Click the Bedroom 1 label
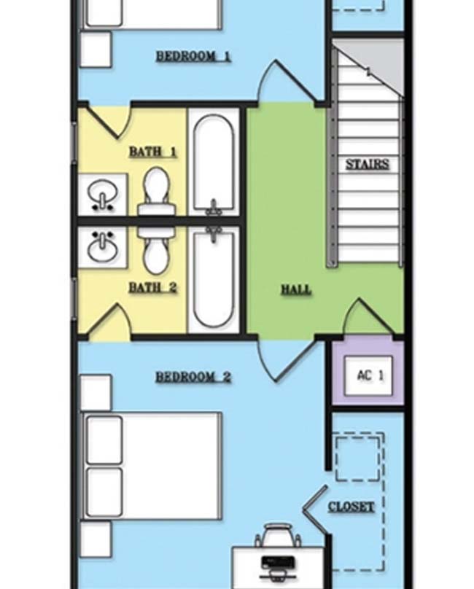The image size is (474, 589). [x=193, y=56]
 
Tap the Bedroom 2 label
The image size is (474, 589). [x=193, y=377]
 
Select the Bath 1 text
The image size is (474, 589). [x=152, y=152]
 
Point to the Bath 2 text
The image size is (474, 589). [x=152, y=288]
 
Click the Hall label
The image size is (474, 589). [x=297, y=289]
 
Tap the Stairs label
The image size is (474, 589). [x=368, y=165]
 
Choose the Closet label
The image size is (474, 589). [x=351, y=507]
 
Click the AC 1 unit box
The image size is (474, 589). [x=368, y=375]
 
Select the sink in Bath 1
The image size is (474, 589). [x=102, y=194]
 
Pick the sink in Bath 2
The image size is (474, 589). [x=102, y=247]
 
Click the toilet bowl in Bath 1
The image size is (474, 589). [x=156, y=187]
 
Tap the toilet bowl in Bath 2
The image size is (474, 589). [x=156, y=255]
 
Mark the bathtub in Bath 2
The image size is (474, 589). [x=214, y=278]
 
